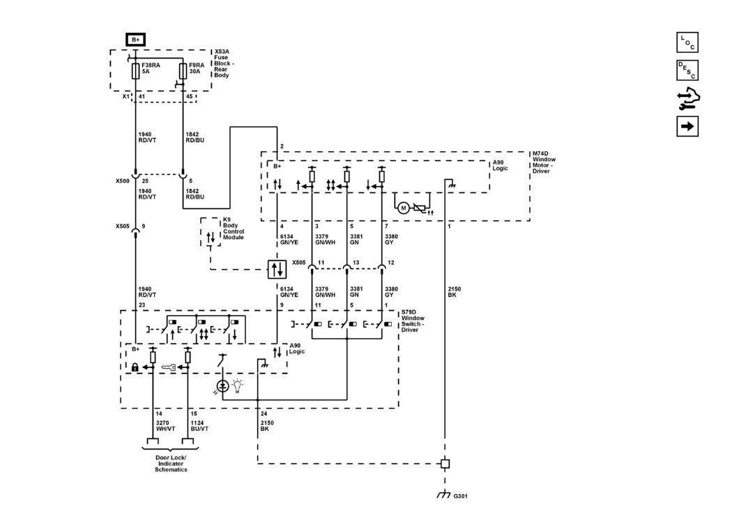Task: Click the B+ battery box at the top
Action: click(x=135, y=40)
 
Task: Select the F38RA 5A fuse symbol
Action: click(x=135, y=71)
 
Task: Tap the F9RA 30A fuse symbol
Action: click(x=183, y=71)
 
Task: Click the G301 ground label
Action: click(x=460, y=496)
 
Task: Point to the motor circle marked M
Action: click(x=404, y=208)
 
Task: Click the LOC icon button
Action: click(x=687, y=43)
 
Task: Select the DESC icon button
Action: click(x=687, y=70)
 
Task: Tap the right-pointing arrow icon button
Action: click(x=687, y=126)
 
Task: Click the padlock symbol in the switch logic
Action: click(x=135, y=367)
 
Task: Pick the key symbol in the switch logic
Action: click(x=169, y=367)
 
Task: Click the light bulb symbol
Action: click(x=238, y=386)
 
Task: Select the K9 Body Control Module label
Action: click(x=234, y=228)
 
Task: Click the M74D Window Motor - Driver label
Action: click(x=544, y=162)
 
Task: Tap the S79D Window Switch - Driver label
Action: click(x=413, y=321)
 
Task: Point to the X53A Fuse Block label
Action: click(x=224, y=63)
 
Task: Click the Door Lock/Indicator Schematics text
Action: click(x=171, y=463)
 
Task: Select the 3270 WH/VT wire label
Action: click(x=165, y=426)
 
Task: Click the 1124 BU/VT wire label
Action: click(x=199, y=426)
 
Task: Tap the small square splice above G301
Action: click(x=445, y=463)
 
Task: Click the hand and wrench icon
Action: click(x=687, y=99)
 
